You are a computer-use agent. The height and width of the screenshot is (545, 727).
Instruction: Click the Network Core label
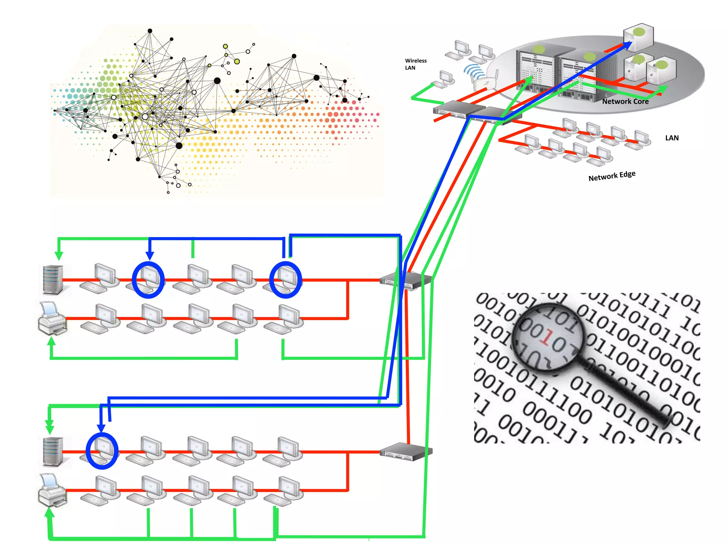(625, 101)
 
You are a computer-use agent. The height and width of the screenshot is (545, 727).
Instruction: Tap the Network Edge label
(612, 176)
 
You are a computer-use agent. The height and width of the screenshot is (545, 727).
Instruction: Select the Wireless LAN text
(416, 64)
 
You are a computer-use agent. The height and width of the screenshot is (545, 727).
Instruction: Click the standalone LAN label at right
(672, 138)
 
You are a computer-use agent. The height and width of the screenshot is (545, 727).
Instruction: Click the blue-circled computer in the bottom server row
(102, 451)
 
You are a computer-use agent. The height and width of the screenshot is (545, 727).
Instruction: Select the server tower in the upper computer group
(53, 280)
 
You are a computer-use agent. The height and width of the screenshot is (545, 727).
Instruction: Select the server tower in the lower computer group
(53, 451)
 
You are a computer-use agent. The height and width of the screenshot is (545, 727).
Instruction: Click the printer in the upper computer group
(52, 319)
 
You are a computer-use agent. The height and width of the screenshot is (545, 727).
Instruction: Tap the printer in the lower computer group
(52, 491)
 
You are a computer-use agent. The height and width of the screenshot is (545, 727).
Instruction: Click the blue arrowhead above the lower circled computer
(102, 428)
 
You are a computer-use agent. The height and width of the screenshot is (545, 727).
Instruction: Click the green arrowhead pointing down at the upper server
(59, 255)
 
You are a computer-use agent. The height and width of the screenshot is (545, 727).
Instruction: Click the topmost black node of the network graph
(150, 31)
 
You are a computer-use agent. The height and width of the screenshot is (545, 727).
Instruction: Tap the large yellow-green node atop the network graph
(237, 61)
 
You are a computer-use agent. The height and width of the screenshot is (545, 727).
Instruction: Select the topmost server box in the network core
(638, 37)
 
